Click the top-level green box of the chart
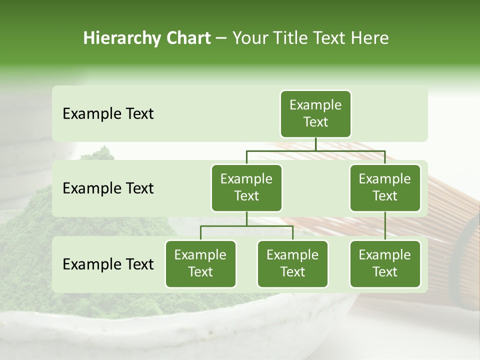pyautogui.click(x=315, y=114)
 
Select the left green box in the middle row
pyautogui.click(x=246, y=188)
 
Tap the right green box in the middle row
pyautogui.click(x=385, y=188)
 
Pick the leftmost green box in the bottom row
pyautogui.click(x=200, y=264)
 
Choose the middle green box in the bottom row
pyautogui.click(x=292, y=264)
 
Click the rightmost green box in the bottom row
pyautogui.click(x=385, y=264)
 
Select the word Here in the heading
pyautogui.click(x=370, y=38)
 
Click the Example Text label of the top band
pyautogui.click(x=108, y=114)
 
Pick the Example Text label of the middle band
pyautogui.click(x=108, y=188)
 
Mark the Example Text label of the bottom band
pyautogui.click(x=108, y=264)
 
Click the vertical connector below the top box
pyautogui.click(x=315, y=144)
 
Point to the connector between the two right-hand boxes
pyautogui.click(x=385, y=226)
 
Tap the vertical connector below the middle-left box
pyautogui.click(x=246, y=219)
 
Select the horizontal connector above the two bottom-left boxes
pyautogui.click(x=225, y=226)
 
